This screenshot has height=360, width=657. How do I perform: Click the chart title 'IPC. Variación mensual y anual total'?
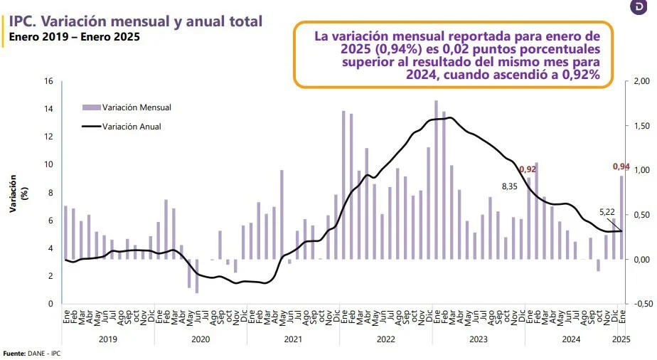(136, 21)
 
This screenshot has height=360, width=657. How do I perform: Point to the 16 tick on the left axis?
(49, 81)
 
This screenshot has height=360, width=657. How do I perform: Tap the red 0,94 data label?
(621, 166)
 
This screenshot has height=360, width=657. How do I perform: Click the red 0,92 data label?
(528, 169)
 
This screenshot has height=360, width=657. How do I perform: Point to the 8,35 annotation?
(509, 186)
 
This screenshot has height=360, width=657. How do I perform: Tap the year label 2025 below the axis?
(621, 340)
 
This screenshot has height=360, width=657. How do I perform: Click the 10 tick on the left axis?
(49, 164)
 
